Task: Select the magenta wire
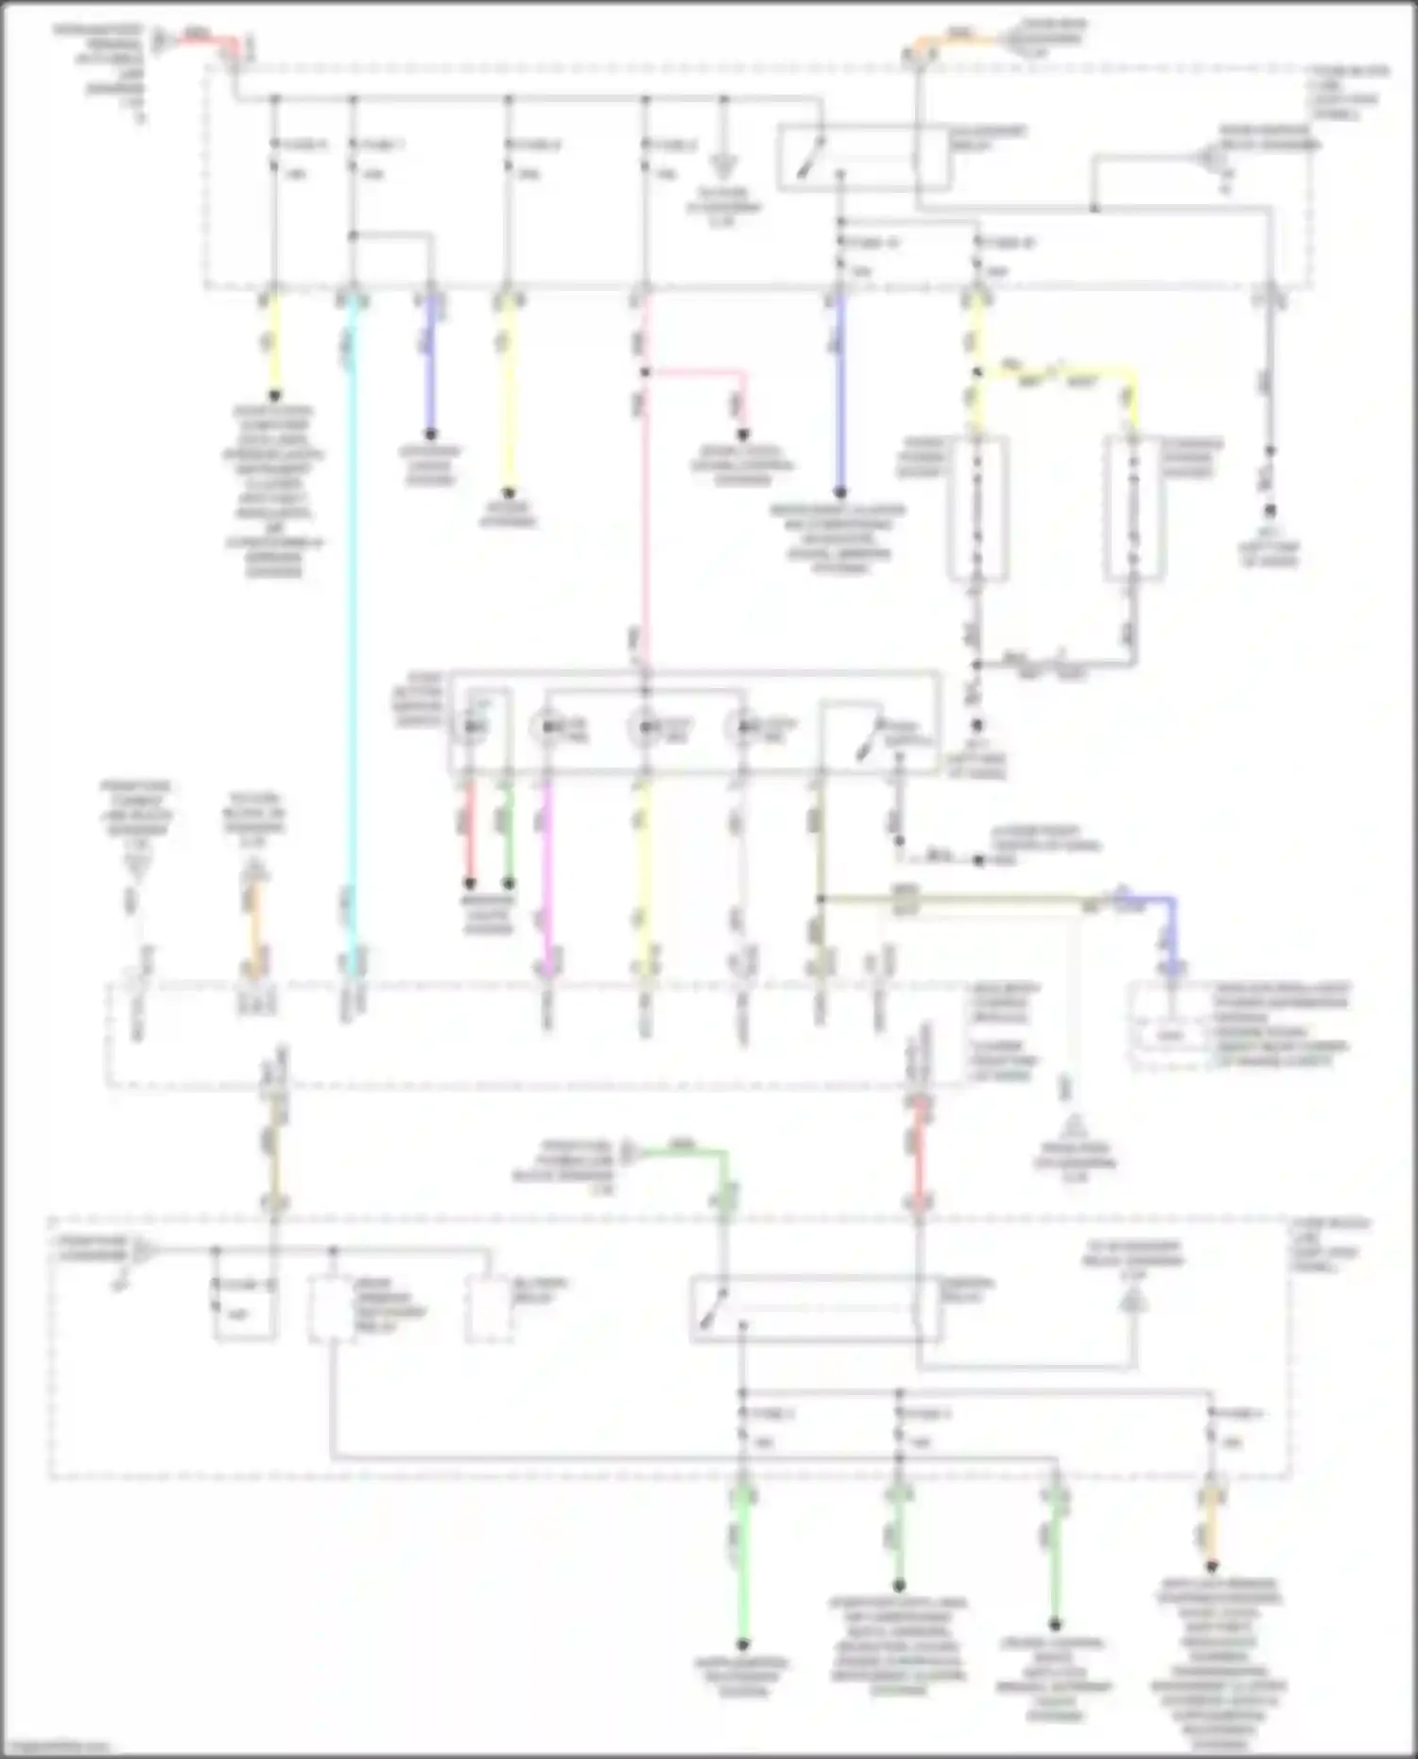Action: pos(546,870)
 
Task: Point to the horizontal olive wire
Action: pos(955,900)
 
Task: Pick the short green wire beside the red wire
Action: pos(508,832)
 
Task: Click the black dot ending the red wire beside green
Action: pos(469,884)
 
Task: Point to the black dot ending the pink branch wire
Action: pos(743,435)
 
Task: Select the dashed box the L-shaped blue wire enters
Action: pos(1238,1026)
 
